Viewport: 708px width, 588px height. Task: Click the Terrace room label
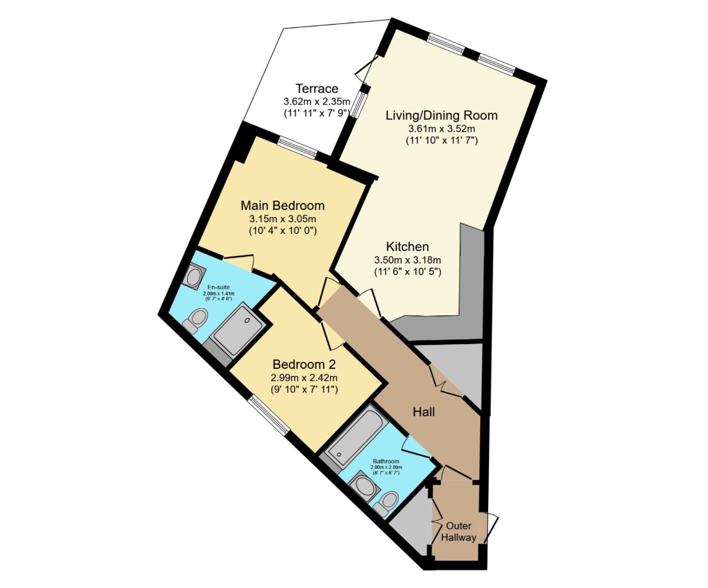tap(317, 89)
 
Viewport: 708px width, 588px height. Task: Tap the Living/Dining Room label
tap(441, 115)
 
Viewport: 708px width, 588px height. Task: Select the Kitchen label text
tap(408, 247)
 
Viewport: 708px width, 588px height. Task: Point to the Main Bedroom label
tap(283, 205)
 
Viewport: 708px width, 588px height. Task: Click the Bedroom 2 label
tap(304, 365)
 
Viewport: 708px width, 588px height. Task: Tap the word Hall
tap(424, 412)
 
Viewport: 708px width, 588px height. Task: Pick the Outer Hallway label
tap(459, 532)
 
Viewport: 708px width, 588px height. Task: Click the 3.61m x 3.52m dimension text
tap(441, 129)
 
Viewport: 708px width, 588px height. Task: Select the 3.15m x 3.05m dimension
tap(283, 219)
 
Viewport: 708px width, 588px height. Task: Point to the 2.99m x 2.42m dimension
tap(304, 378)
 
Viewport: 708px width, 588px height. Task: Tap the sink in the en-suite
tap(193, 276)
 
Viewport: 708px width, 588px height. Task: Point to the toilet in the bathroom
tap(386, 504)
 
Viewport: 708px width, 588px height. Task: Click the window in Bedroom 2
tap(269, 415)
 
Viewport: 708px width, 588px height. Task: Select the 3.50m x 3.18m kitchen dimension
tap(408, 260)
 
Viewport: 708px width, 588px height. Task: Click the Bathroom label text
tap(386, 461)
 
